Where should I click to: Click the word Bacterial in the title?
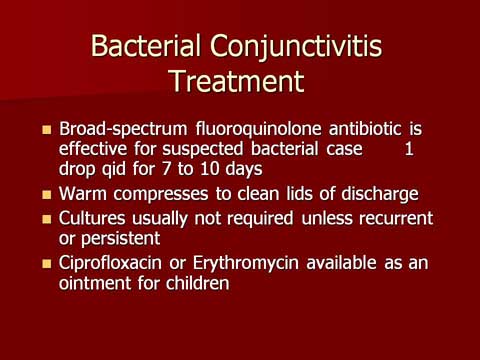point(146,45)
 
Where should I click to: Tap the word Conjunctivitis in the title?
point(296,48)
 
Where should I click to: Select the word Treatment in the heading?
point(237,81)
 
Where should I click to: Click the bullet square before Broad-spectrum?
point(47,129)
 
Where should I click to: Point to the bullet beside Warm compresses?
point(47,194)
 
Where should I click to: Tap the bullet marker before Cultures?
point(47,219)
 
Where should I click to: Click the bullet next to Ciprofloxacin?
point(47,264)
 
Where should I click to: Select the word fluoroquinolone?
point(258,130)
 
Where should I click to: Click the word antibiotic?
point(365,129)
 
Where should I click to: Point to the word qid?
point(114,170)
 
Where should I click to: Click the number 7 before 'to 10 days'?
point(166,169)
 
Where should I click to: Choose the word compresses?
point(161,195)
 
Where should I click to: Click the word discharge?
point(380,195)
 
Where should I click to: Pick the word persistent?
point(121,239)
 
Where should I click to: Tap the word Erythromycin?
point(246,264)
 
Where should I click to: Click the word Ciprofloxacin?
point(110,264)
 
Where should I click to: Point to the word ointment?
point(95,284)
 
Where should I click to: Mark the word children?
point(198,283)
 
